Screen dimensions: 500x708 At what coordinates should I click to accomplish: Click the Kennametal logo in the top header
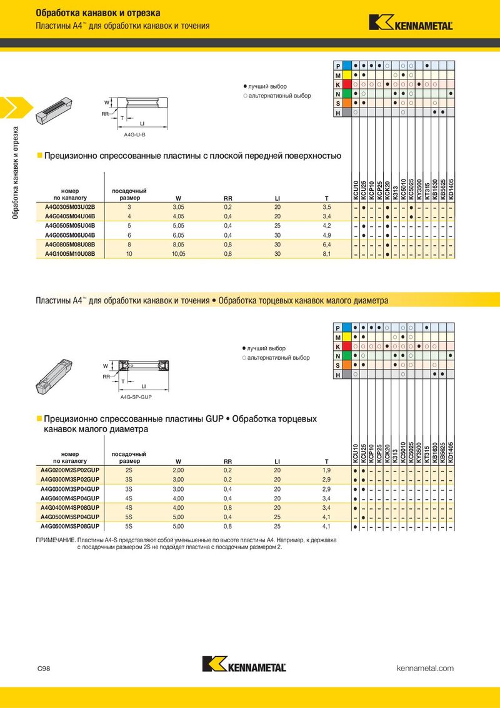pos(411,23)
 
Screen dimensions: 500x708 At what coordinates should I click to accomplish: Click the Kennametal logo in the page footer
pos(244,664)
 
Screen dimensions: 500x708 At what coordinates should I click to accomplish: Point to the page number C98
pos(44,669)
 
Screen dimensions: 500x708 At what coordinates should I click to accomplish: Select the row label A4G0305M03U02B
pos(70,207)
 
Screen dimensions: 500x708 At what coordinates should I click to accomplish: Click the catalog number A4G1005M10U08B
pos(70,254)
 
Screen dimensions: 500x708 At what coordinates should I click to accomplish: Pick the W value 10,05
pos(179,254)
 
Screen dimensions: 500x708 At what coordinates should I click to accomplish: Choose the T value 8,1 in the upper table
pos(327,254)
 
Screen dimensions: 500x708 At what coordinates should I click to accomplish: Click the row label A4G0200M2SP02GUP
pos(70,470)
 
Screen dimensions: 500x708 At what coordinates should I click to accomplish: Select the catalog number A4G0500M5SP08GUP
pos(70,527)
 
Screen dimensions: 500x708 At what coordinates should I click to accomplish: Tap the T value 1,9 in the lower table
pos(327,470)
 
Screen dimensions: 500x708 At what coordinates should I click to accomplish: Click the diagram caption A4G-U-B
pos(134,134)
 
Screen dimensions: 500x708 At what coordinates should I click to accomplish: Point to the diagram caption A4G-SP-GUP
pos(136,397)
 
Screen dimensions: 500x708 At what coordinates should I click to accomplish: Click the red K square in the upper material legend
pos(347,84)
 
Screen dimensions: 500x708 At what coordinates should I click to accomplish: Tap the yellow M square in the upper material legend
pos(347,75)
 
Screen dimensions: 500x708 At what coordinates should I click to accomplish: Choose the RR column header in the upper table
pos(228,198)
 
